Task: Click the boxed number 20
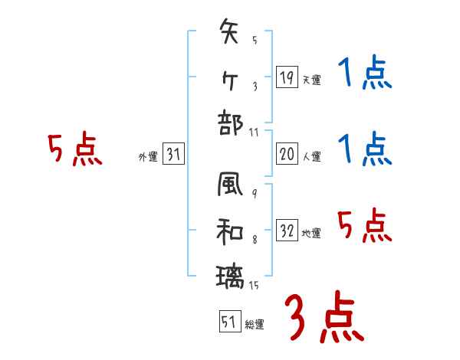pyautogui.click(x=286, y=154)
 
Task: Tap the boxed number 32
pyautogui.click(x=286, y=231)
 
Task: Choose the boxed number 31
pyautogui.click(x=173, y=155)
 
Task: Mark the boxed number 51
pyautogui.click(x=228, y=322)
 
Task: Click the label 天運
pyautogui.click(x=311, y=80)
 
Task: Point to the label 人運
pyautogui.click(x=311, y=157)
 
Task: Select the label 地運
pyautogui.click(x=311, y=234)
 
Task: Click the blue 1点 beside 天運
pyautogui.click(x=365, y=74)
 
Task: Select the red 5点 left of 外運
pyautogui.click(x=74, y=149)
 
